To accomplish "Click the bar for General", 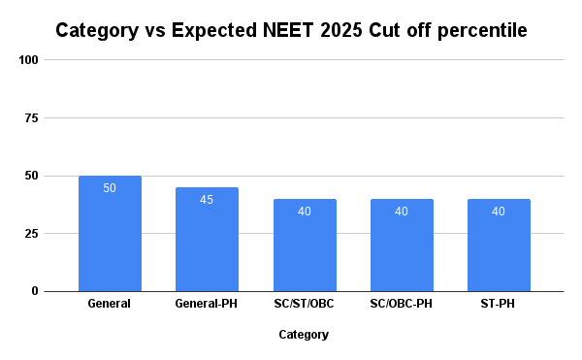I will pyautogui.click(x=110, y=234).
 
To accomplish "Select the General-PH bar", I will pyautogui.click(x=207, y=240).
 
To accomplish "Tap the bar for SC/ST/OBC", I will pyautogui.click(x=305, y=245).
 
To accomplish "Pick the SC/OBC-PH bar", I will pyautogui.click(x=402, y=245).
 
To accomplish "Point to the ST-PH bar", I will pyautogui.click(x=499, y=245).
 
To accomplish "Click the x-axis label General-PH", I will pyautogui.click(x=207, y=304).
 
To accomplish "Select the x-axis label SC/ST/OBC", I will pyautogui.click(x=305, y=304).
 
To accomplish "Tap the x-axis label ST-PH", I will pyautogui.click(x=499, y=304).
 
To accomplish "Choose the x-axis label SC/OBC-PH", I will pyautogui.click(x=402, y=304).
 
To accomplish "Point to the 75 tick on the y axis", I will pyautogui.click(x=31, y=118).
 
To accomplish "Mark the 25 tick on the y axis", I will pyautogui.click(x=31, y=234).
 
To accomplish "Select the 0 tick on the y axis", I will pyautogui.click(x=34, y=291).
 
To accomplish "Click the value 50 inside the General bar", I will pyautogui.click(x=110, y=188).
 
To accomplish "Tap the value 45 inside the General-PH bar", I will pyautogui.click(x=207, y=200).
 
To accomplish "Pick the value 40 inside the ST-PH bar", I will pyautogui.click(x=499, y=212).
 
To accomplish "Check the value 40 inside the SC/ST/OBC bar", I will pyautogui.click(x=305, y=212).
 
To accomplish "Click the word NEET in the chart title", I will pyautogui.click(x=290, y=30).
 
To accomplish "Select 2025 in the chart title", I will pyautogui.click(x=343, y=30).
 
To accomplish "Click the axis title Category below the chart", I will pyautogui.click(x=304, y=335).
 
